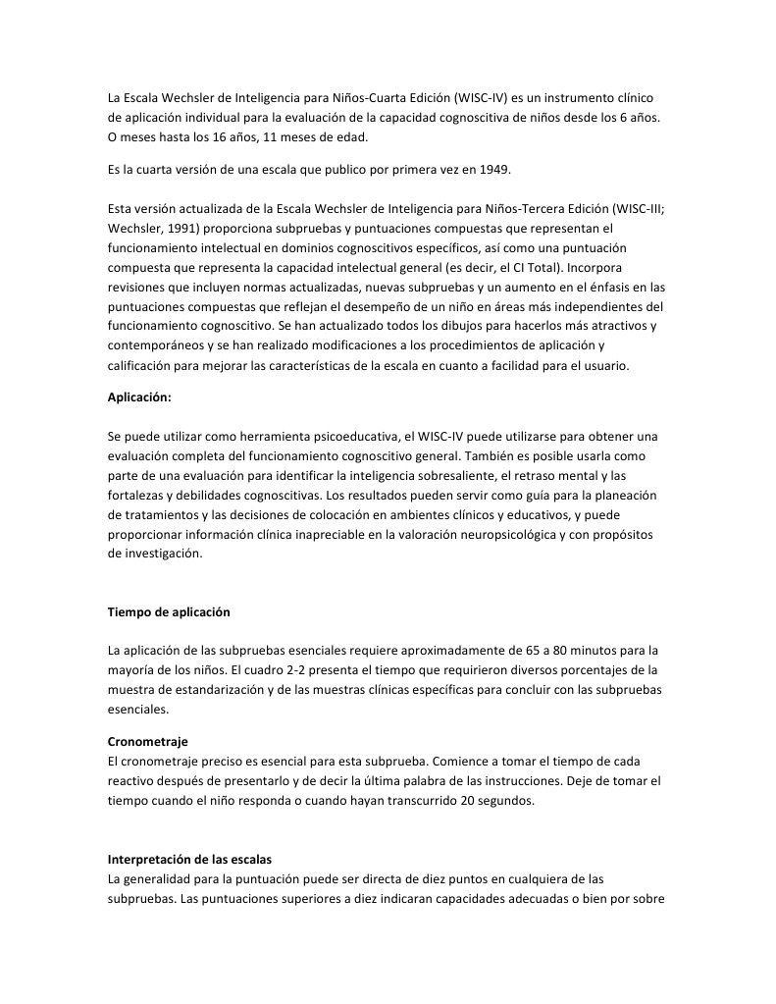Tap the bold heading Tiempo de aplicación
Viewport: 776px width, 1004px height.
pyautogui.click(x=168, y=612)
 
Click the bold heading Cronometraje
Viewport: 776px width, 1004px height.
pyautogui.click(x=147, y=742)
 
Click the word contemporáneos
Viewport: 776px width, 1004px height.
pyautogui.click(x=157, y=344)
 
